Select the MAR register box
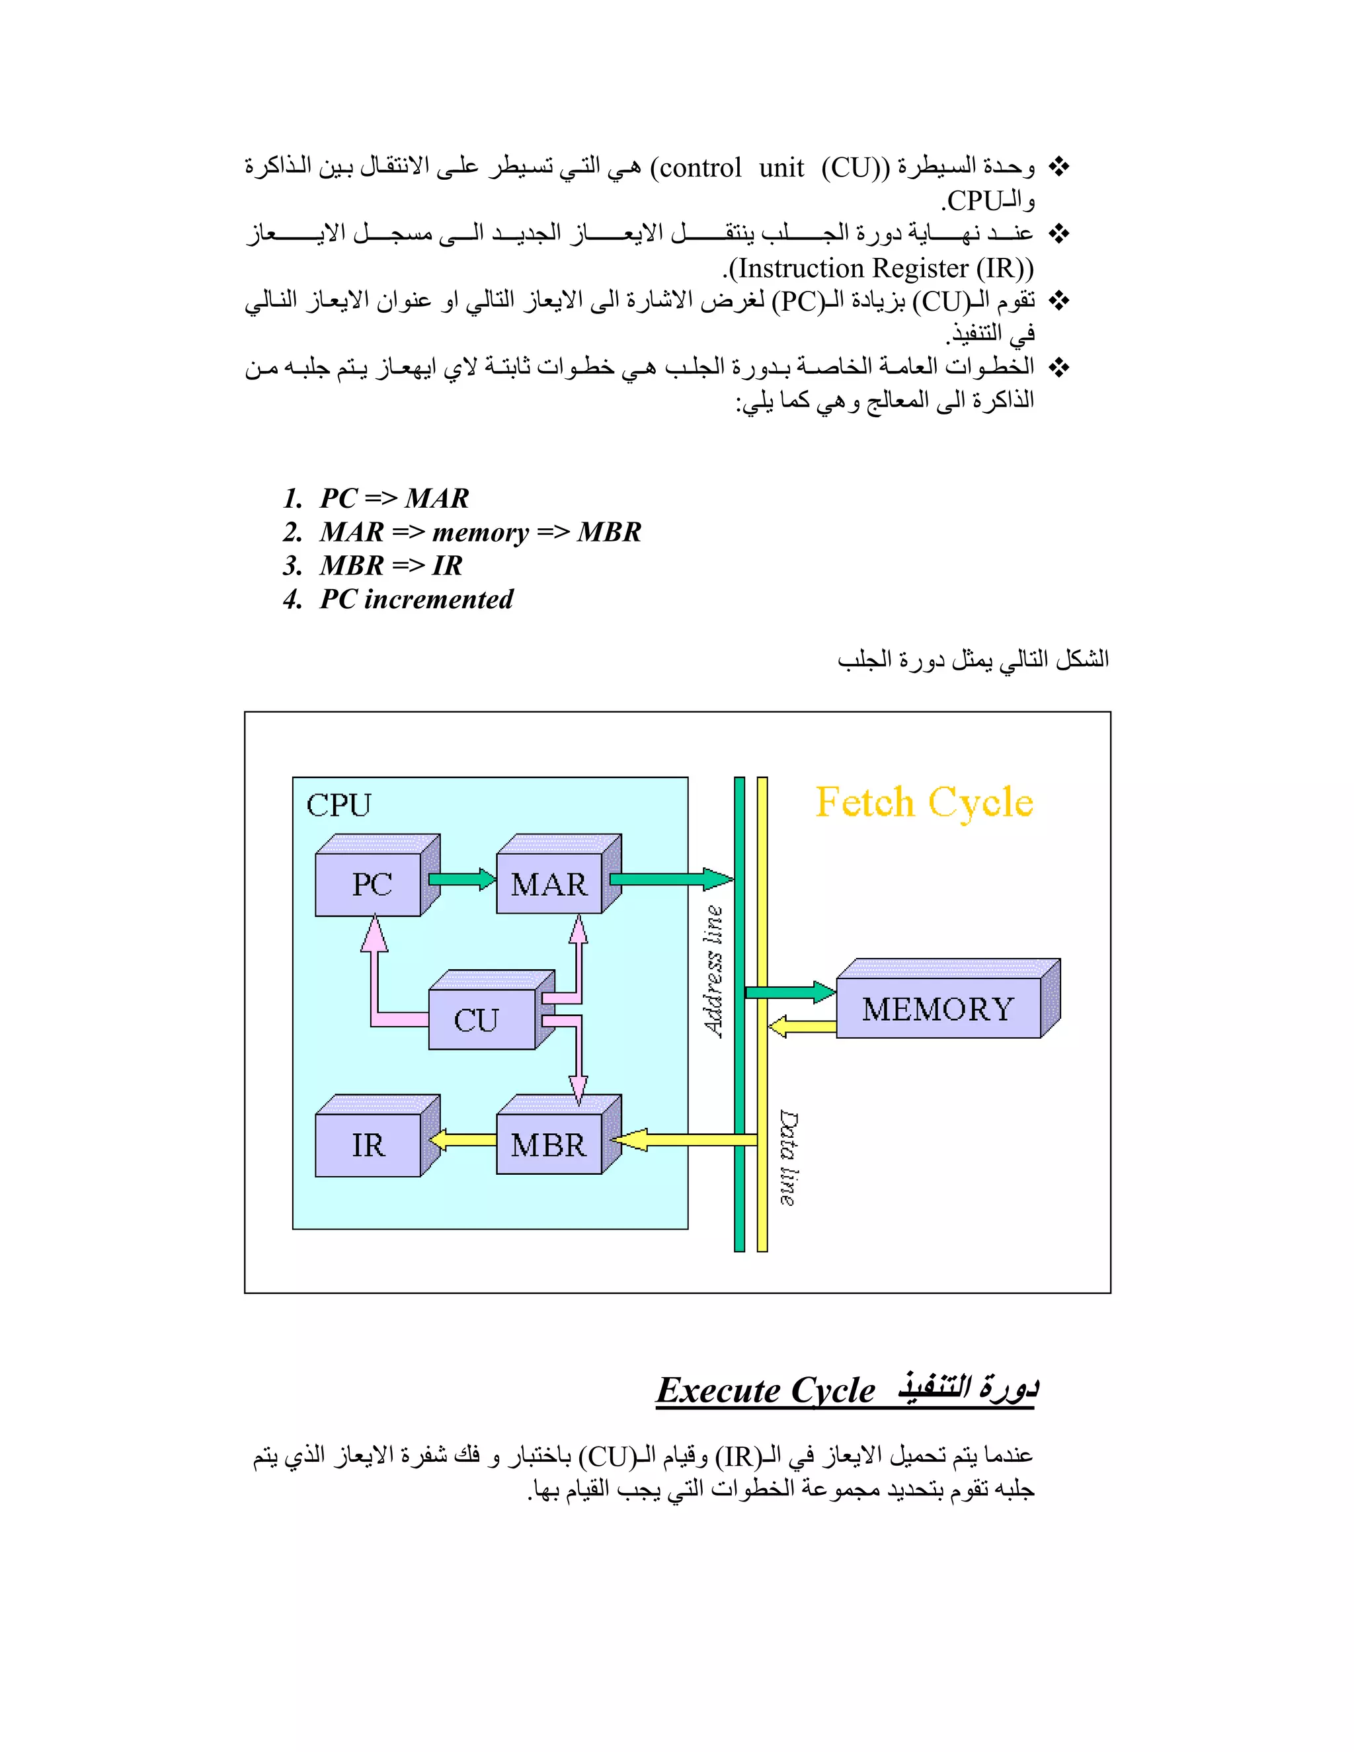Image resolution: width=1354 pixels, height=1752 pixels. coord(549,884)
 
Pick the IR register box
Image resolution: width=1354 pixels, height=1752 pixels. coord(368,1144)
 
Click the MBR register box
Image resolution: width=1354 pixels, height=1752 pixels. coord(549,1144)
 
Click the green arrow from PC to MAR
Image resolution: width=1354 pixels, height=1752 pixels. coord(461,879)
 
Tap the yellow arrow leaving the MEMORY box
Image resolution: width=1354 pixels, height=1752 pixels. coord(802,1026)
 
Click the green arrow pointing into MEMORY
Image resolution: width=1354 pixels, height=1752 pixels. coord(790,992)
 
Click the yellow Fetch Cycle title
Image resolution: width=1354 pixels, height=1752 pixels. coord(924,802)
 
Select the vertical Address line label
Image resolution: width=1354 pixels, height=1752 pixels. coord(713,971)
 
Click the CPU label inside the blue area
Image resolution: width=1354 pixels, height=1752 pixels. coord(338,805)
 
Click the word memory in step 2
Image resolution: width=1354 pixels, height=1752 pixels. coord(481,532)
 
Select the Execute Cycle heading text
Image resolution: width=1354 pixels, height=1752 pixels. coord(766,1390)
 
